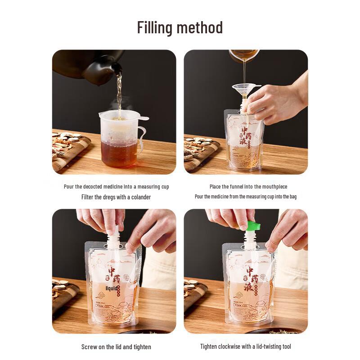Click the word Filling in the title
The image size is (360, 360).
(155, 27)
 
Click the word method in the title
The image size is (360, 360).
(199, 27)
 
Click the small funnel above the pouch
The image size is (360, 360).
(245, 89)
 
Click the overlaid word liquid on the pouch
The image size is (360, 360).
(112, 288)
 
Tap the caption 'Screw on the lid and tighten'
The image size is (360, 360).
(116, 347)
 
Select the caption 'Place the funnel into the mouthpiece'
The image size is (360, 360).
(248, 187)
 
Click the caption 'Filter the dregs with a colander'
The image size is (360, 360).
(116, 197)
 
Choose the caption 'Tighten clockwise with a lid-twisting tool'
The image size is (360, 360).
(246, 346)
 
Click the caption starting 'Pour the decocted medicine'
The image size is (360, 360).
(116, 187)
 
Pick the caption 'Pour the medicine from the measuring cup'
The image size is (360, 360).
(246, 197)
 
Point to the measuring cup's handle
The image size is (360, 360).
(142, 137)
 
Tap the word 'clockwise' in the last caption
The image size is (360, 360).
(235, 346)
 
